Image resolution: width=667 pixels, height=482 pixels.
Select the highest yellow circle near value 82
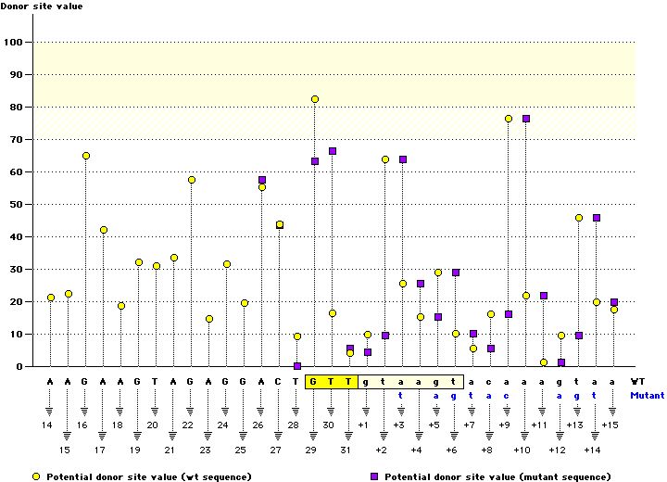(x=315, y=99)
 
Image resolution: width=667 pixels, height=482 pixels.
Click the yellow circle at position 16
(x=85, y=156)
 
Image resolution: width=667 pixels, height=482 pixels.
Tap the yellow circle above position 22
(x=192, y=180)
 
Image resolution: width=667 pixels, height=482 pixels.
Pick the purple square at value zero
(x=297, y=366)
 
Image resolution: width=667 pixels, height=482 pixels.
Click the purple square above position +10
(x=526, y=119)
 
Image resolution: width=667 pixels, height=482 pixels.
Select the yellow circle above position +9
(x=509, y=119)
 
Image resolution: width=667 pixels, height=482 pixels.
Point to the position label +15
(x=610, y=425)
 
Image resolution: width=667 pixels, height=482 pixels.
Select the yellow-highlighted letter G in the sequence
(x=315, y=381)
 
